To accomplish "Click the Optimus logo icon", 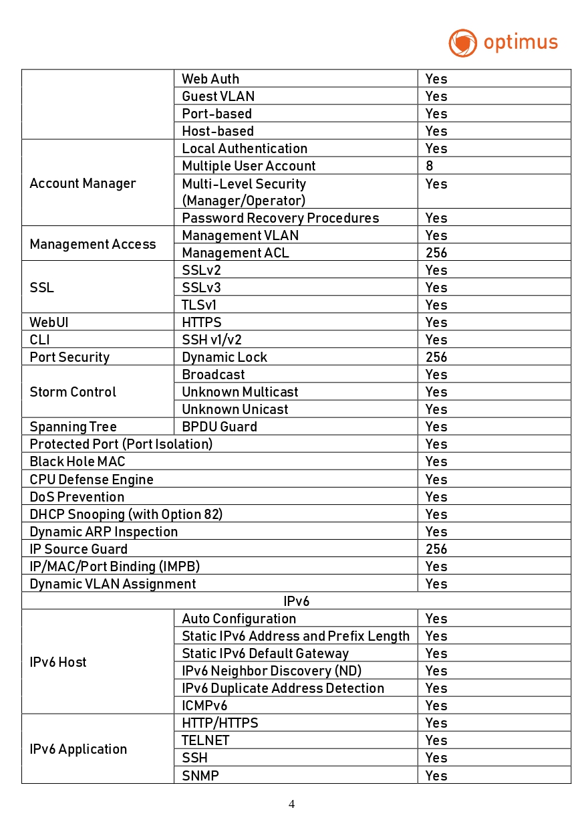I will [462, 43].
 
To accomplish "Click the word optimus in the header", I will [521, 43].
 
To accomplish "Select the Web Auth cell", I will [210, 79].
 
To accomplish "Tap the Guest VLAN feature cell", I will [218, 96].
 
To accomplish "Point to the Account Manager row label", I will [83, 183].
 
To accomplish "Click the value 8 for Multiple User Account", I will [429, 166].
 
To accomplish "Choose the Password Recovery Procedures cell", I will [280, 218].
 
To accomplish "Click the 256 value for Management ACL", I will [436, 253].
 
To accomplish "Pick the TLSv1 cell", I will [199, 305].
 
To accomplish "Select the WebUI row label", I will [49, 322].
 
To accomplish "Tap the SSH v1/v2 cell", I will [212, 340].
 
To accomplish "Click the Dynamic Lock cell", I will [225, 357].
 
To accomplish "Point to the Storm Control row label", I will [73, 392].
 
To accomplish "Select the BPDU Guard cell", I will [219, 427].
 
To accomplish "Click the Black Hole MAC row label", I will [78, 461].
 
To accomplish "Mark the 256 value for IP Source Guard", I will [436, 549].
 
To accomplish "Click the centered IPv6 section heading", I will [296, 601].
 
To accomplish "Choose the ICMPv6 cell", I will [204, 706].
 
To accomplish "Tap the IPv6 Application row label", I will [78, 749].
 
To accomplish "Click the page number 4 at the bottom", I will [291, 804].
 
